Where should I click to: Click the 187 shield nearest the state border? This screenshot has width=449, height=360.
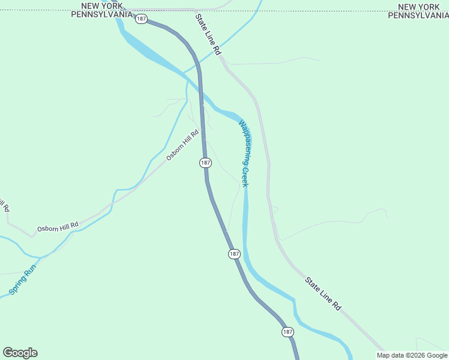click(140, 19)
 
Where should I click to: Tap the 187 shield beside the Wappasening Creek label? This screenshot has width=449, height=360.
click(205, 163)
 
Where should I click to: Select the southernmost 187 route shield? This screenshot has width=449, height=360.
click(288, 332)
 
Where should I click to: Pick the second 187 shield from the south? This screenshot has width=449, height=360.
click(234, 254)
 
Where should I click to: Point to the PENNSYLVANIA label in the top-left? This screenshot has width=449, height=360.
click(101, 15)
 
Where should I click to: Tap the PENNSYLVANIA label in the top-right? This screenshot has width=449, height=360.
click(418, 15)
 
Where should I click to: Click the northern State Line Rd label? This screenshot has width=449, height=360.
click(208, 35)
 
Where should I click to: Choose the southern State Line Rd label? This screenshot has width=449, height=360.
click(323, 293)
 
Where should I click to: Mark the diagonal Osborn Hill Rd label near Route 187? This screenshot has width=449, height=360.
click(182, 146)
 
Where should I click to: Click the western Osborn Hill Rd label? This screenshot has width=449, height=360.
click(58, 227)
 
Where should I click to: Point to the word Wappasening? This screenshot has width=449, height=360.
click(245, 142)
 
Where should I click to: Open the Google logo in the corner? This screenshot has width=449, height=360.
click(20, 353)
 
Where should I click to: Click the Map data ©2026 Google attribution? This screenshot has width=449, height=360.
click(412, 355)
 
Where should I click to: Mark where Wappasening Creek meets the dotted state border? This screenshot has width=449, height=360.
click(259, 11)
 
